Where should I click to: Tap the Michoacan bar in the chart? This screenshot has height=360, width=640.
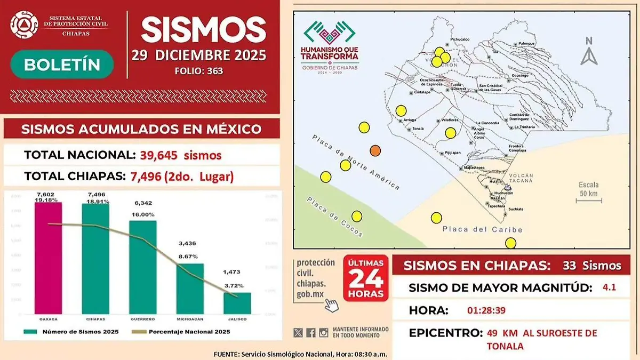[190, 287]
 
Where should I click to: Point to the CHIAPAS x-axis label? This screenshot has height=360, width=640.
[95, 319]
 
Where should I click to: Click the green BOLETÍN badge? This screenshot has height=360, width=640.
[62, 65]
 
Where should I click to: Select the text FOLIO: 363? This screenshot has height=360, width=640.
[198, 70]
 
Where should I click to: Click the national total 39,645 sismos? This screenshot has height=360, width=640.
[181, 155]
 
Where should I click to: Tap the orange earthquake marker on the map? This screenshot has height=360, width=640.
[375, 151]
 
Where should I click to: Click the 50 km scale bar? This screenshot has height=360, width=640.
[589, 201]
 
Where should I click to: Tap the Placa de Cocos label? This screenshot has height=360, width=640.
[334, 217]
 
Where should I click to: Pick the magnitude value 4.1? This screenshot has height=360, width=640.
[609, 287]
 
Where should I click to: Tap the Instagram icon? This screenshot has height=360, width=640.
[324, 333]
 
